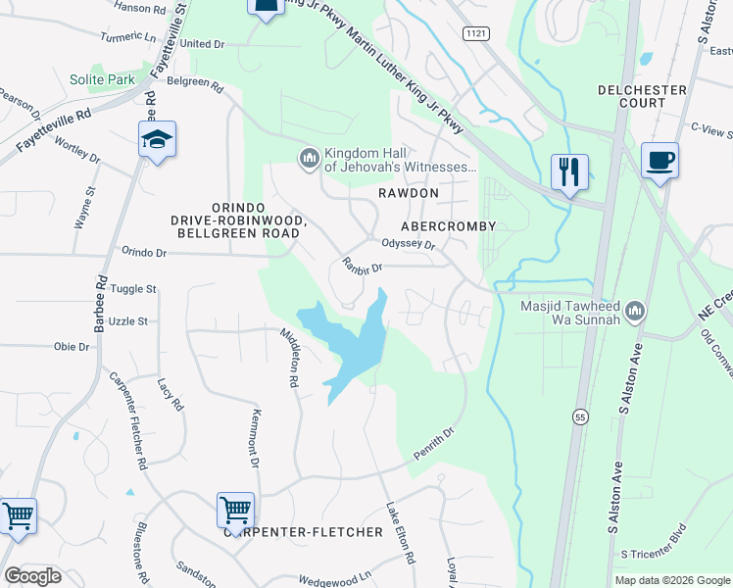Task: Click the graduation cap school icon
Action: click(x=156, y=140)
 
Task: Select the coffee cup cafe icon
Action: click(x=660, y=160)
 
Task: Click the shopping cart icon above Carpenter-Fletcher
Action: click(x=235, y=510)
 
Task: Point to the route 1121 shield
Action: click(x=476, y=33)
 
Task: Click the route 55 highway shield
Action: click(x=580, y=417)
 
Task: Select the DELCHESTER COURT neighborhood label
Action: click(x=642, y=97)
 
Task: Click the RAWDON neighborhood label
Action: click(x=408, y=194)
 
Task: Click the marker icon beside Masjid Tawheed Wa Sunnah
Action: click(x=636, y=311)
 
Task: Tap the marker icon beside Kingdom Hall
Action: click(x=310, y=158)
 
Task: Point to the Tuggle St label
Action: click(x=133, y=289)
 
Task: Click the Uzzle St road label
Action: click(x=127, y=320)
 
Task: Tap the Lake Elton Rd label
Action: click(x=400, y=533)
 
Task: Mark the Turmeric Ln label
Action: click(x=127, y=36)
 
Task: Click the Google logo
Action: click(x=32, y=576)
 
